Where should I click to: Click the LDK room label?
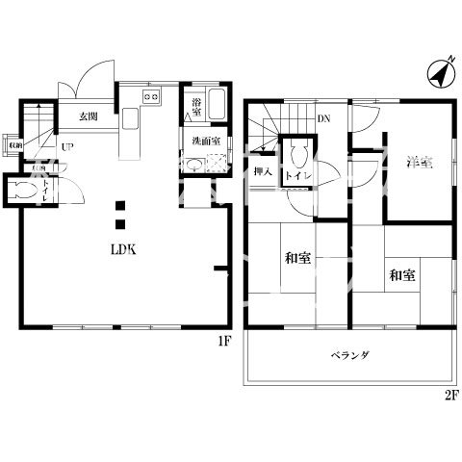(120, 248)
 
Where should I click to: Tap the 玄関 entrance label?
(89, 115)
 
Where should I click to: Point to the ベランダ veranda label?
(351, 355)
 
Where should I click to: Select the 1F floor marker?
(223, 340)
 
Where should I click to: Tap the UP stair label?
(67, 146)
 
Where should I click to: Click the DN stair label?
(323, 118)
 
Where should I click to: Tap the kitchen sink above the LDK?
(151, 96)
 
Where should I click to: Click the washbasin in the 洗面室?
(192, 165)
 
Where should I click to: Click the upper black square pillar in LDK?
(120, 204)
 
